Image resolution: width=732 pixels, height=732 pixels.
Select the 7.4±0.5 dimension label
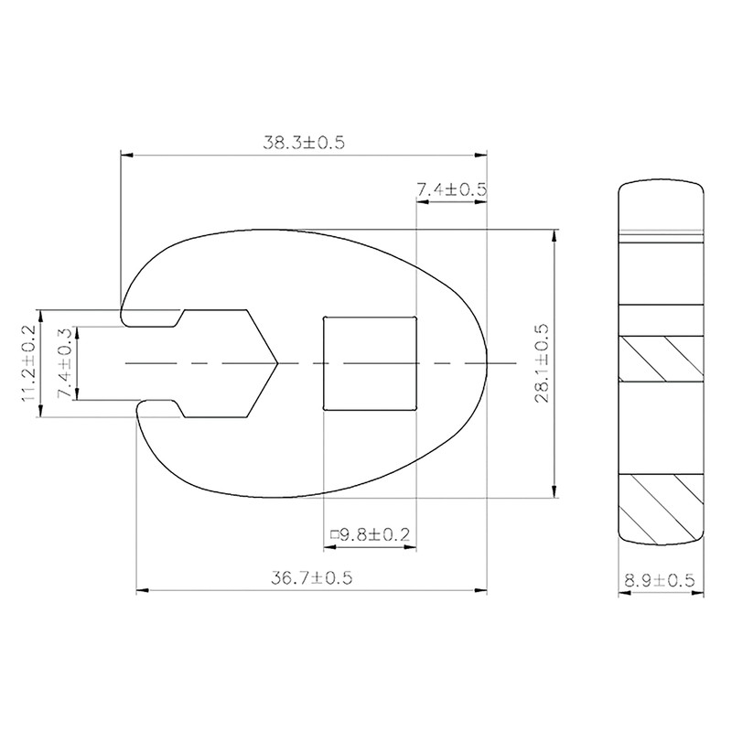click(x=451, y=189)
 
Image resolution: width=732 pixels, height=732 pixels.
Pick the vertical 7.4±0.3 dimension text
click(x=63, y=364)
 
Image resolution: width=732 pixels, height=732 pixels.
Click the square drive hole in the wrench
click(x=371, y=363)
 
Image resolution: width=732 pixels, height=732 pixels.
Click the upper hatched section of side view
click(x=662, y=358)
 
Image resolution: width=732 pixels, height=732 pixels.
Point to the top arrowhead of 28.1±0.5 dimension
click(x=554, y=234)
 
